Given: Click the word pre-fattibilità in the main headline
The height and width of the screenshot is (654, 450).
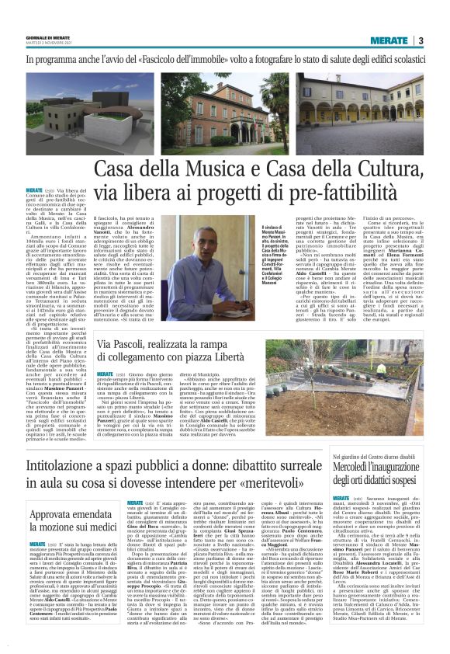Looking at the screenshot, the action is pyautogui.click(x=353, y=189).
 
